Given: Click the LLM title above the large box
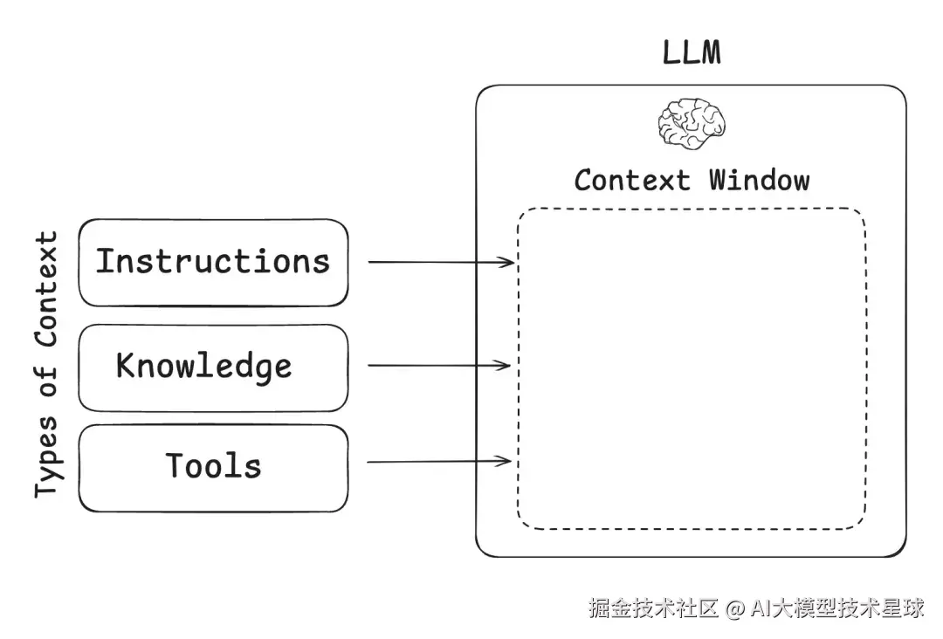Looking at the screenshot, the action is (692, 52).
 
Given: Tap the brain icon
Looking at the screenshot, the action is (692, 124).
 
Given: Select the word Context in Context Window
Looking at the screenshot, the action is (632, 181).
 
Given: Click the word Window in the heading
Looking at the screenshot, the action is (760, 181).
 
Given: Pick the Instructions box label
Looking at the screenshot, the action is (213, 262).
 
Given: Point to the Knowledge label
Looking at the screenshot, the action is (203, 367).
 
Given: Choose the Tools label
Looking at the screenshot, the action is (214, 466).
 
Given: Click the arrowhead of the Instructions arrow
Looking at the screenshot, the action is (506, 262).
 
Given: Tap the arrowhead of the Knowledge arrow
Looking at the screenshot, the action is (503, 365).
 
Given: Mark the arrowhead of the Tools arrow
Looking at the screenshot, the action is (503, 461).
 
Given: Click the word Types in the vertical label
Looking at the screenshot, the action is (47, 457).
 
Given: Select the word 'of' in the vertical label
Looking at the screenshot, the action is (47, 381).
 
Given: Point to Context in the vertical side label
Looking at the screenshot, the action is (46, 289).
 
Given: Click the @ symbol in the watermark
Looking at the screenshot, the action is (735, 609).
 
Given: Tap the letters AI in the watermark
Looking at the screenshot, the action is (761, 608).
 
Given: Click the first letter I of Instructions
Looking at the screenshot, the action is (105, 262).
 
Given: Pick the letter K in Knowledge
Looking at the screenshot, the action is (125, 365).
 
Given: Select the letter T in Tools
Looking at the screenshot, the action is (176, 465).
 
